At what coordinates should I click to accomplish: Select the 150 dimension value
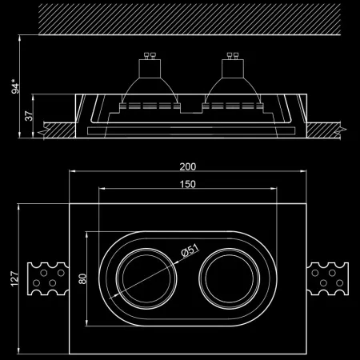point(189,185)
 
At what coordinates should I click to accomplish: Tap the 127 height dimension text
point(14,278)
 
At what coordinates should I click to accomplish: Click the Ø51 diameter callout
point(190,251)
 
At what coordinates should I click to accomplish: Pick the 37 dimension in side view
point(30,117)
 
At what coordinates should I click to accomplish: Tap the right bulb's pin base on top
point(231,59)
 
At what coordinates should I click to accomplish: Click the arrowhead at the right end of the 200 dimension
point(306,173)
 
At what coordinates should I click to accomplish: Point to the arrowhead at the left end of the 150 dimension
point(100,190)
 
